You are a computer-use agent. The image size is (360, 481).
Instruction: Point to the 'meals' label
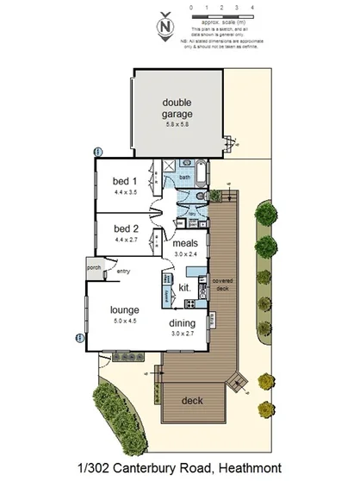(x=185, y=244)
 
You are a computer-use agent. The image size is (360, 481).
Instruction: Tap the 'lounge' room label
(x=124, y=309)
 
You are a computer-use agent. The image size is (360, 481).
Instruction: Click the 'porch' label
(x=94, y=267)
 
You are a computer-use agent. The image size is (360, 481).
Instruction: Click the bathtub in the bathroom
(x=201, y=172)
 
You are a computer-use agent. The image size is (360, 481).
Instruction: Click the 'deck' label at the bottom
(x=191, y=400)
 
